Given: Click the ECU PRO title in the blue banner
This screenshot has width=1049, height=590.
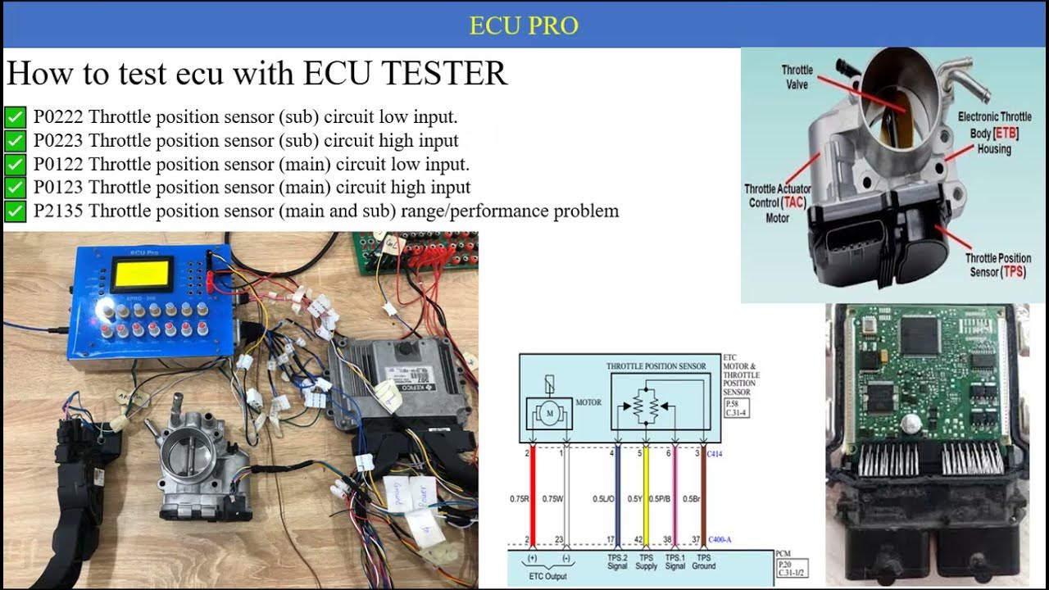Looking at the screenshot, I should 524,25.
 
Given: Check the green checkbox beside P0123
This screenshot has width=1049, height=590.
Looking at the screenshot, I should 16,188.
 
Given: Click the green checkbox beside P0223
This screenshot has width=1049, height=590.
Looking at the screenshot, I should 16,141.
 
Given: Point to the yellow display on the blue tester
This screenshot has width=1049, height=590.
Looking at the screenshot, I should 143,275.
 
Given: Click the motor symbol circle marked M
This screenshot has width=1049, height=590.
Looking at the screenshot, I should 549,414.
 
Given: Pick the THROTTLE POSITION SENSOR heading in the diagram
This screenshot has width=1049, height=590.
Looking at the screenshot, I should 656,366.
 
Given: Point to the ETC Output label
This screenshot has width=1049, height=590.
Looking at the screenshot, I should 549,577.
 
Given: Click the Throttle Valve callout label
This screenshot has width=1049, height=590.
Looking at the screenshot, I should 797,77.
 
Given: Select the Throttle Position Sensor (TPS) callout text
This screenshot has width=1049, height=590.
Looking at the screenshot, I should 997,265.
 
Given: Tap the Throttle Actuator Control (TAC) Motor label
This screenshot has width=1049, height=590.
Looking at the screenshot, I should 777,203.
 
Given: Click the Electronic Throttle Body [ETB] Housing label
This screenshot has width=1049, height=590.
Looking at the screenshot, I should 995,133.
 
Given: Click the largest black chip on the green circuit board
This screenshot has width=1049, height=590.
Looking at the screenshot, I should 919,335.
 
